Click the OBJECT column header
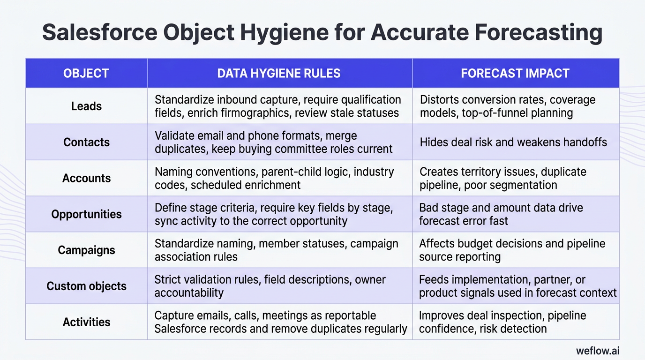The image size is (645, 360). [x=86, y=73]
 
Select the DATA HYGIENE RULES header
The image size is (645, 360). [x=279, y=73]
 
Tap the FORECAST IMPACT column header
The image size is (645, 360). [x=515, y=73]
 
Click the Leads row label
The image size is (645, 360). [x=86, y=106]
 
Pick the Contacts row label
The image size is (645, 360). [x=86, y=142]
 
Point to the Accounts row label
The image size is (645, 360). [x=86, y=178]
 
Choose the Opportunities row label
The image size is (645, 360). [x=86, y=214]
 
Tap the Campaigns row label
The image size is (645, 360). [x=86, y=250]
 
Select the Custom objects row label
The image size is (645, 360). [x=86, y=286]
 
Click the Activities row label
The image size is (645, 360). [x=86, y=322]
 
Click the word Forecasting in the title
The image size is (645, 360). [x=538, y=33]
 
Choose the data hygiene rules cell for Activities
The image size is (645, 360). [x=280, y=322]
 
